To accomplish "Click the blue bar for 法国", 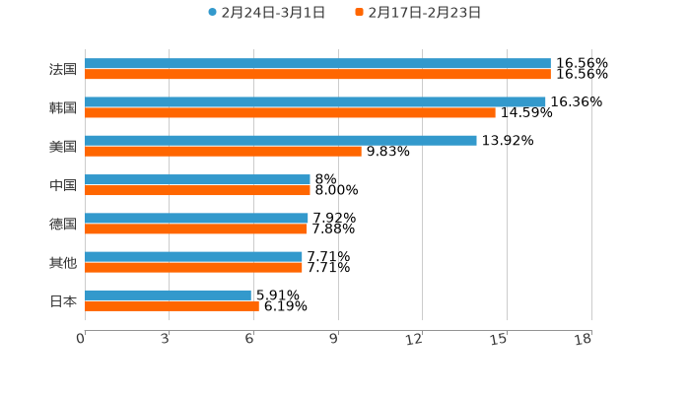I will click(317, 63).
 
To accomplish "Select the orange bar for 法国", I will click(317, 74).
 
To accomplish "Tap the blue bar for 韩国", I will click(315, 101).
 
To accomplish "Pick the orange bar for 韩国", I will click(290, 112).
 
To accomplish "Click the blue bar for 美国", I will click(281, 140).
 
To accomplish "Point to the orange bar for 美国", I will click(223, 151).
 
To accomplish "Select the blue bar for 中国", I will click(197, 179).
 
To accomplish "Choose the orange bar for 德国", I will click(196, 229).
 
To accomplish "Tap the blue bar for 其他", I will click(193, 256).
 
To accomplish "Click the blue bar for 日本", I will click(168, 295).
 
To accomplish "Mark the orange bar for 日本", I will click(172, 305).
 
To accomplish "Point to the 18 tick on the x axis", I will click(584, 339).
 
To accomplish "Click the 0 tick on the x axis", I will click(81, 339).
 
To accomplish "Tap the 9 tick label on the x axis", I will click(334, 339).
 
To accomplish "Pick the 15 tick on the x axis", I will click(499, 339).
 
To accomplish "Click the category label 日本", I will click(63, 300).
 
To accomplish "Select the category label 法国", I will click(63, 69).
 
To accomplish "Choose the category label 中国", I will click(63, 185).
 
